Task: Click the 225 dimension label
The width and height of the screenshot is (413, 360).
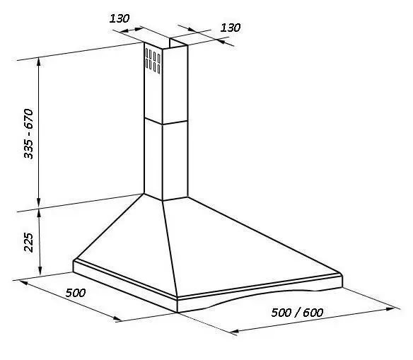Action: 29,243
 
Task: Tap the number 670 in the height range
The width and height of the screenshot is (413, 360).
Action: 29,119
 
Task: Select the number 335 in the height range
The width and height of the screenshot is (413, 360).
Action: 29,149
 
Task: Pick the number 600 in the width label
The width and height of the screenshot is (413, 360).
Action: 313,313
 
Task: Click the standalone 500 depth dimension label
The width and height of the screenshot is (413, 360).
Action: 76,293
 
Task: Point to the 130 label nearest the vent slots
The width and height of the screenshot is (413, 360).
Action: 120,18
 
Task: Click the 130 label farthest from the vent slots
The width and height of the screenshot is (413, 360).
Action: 231,28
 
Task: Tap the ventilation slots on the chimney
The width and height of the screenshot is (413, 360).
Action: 153,60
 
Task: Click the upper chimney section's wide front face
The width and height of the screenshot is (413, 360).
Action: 175,85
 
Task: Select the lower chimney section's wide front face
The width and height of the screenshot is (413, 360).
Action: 175,161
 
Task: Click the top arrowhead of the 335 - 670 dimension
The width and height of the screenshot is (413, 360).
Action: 39,61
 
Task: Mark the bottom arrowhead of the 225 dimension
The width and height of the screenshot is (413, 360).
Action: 40,272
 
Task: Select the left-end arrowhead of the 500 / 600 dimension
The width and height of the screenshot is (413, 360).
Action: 234,331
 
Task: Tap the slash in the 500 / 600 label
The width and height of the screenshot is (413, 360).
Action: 298,313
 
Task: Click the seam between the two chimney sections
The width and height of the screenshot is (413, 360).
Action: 166,122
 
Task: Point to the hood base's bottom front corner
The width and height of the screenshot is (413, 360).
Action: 178,313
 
